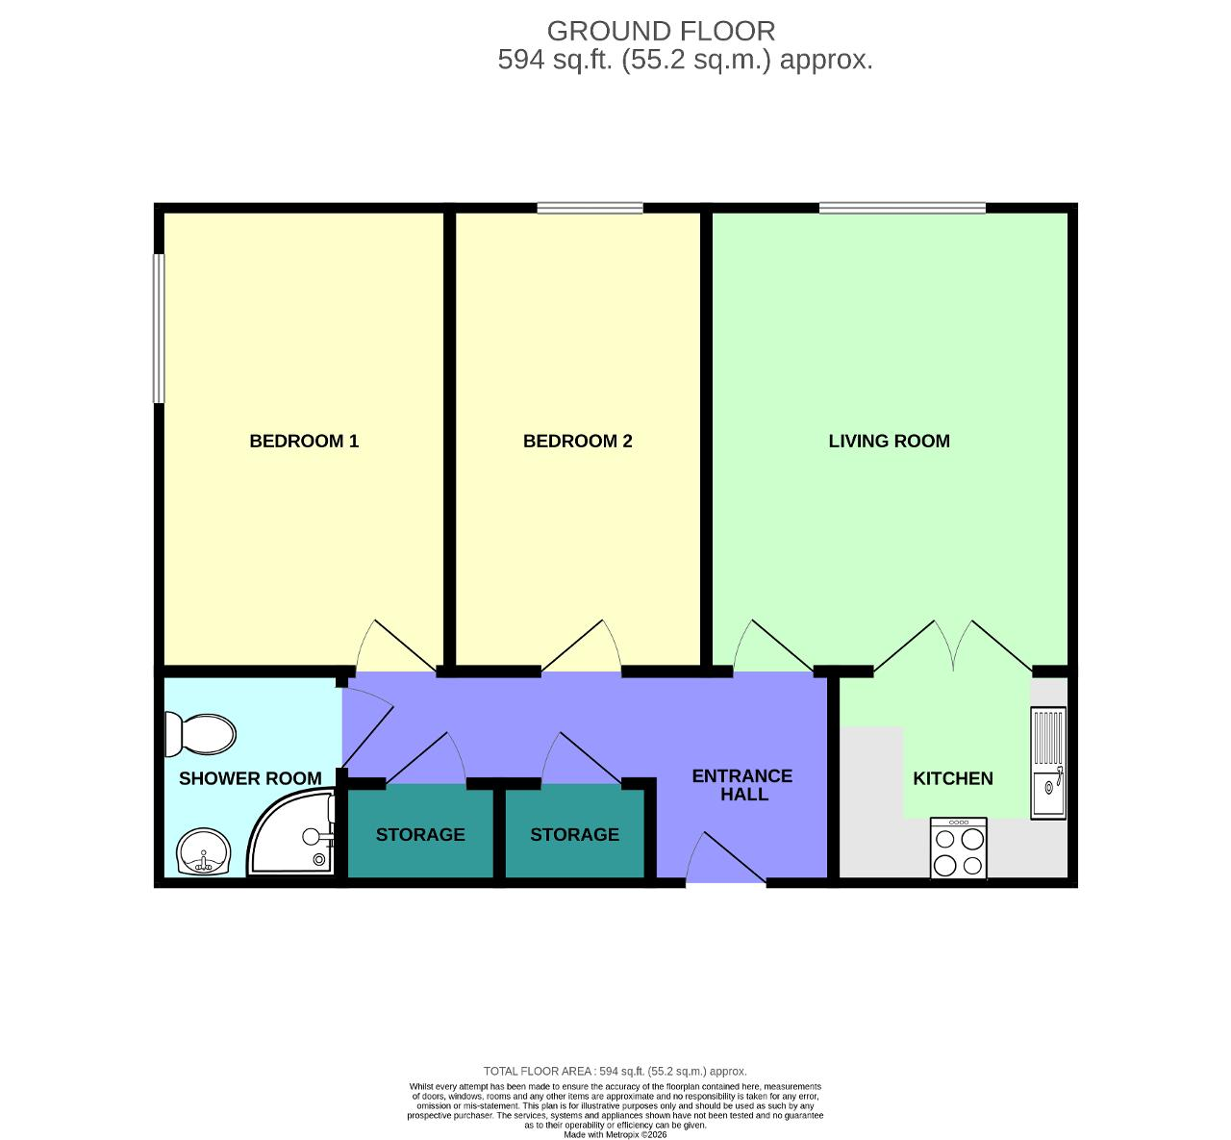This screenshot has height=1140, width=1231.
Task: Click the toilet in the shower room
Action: coord(201,735)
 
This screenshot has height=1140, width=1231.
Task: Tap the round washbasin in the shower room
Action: coord(203,851)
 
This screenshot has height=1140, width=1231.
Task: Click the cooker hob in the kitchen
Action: coord(959,848)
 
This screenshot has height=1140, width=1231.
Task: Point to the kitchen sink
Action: coord(1048,762)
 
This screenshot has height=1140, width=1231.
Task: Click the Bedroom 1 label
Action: coord(304,442)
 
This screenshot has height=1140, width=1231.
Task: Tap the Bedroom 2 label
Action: coord(577,442)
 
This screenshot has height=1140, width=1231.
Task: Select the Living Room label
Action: coord(889,442)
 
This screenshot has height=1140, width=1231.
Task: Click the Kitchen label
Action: coord(952,778)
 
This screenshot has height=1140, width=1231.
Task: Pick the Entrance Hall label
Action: coord(742,785)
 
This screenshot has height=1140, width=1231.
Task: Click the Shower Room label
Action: coord(250,778)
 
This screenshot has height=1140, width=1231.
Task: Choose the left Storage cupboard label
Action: coord(420,834)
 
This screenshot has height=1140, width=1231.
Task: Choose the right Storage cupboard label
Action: coord(574,834)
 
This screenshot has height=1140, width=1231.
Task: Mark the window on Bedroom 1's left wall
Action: coord(159,328)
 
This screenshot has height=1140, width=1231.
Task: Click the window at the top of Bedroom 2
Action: coord(590,208)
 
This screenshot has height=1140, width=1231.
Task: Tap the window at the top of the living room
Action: coord(902,208)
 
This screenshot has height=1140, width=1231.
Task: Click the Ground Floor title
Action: coord(661,32)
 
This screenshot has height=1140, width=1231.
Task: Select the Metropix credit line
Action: coord(615,1134)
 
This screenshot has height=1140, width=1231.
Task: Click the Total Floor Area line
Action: coord(615,1071)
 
